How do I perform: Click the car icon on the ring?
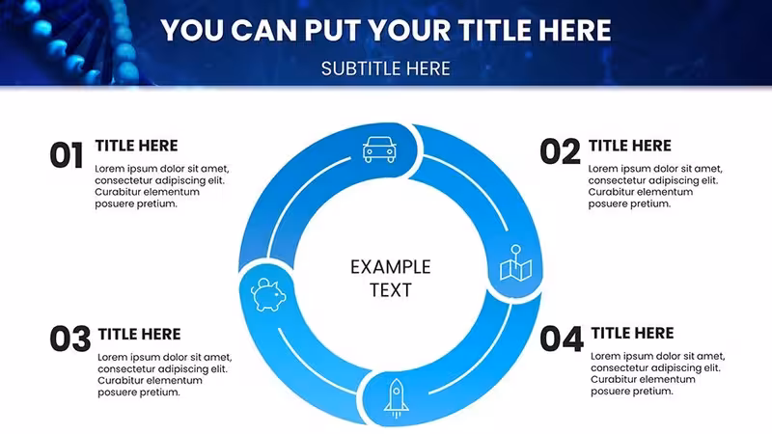click(379, 149)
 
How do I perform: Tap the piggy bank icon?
click(268, 294)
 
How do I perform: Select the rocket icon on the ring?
click(397, 398)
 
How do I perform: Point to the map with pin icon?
click(515, 263)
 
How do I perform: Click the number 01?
click(67, 155)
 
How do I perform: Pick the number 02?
click(560, 151)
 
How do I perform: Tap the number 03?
click(70, 339)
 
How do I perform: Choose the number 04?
click(562, 339)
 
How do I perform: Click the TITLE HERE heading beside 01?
click(136, 146)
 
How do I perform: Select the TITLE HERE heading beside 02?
click(630, 146)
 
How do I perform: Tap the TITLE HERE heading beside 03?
click(139, 334)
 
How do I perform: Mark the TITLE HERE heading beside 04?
click(632, 333)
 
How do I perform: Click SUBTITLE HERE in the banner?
click(385, 68)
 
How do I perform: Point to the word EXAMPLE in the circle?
click(391, 267)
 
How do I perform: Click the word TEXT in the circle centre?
click(391, 290)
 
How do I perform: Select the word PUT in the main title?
click(333, 30)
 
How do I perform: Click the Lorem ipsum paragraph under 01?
click(162, 186)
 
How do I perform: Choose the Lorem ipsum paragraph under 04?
click(658, 373)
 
